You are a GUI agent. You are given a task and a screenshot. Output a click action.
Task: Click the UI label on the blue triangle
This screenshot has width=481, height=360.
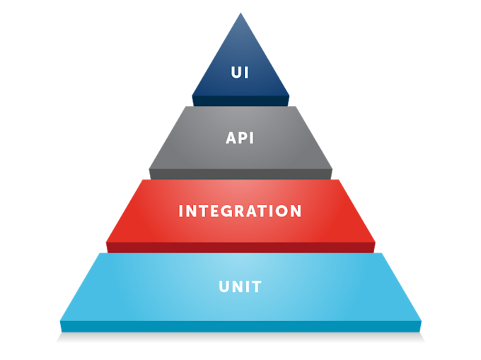point(240,73)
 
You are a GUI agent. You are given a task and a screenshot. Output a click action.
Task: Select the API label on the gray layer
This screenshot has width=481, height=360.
point(240,138)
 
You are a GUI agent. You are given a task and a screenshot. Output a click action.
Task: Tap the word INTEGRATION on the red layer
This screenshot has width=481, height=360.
point(240,211)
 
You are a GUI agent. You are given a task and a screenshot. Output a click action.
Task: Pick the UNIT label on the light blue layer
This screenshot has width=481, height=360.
point(240,286)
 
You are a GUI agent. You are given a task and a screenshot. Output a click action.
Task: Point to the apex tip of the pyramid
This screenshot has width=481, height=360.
point(240,13)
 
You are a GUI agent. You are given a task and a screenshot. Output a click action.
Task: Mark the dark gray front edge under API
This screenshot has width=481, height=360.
point(240,173)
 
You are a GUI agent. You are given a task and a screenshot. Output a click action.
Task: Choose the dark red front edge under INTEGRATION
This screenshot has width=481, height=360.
point(240,246)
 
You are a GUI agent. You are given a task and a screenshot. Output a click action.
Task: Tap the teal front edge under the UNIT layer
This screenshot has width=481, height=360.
point(240,326)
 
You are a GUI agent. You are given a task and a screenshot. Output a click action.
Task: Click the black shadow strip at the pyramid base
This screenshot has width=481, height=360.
point(240,339)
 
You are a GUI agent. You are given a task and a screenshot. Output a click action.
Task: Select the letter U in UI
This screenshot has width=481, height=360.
point(236,73)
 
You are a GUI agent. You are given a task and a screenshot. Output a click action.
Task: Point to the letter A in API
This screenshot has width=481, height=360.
point(231,138)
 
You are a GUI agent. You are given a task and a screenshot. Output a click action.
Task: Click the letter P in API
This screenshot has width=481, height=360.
point(240,138)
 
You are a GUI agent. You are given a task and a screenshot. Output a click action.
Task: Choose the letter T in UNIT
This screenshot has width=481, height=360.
point(257,286)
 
